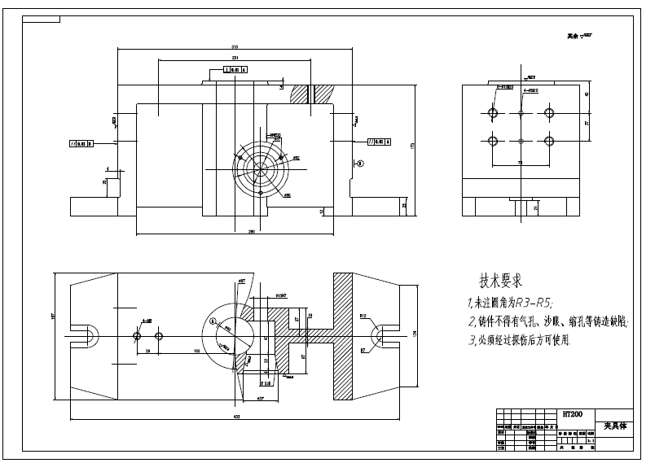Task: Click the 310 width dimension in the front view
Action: click(x=235, y=46)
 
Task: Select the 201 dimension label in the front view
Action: click(x=235, y=59)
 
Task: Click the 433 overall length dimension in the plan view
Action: click(x=235, y=416)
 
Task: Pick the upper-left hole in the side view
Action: click(x=492, y=111)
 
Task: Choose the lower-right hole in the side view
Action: click(x=548, y=141)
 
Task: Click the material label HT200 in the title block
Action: click(x=573, y=414)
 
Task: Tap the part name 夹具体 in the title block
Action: click(x=615, y=426)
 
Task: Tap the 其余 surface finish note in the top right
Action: click(x=579, y=37)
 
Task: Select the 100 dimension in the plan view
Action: click(x=197, y=350)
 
